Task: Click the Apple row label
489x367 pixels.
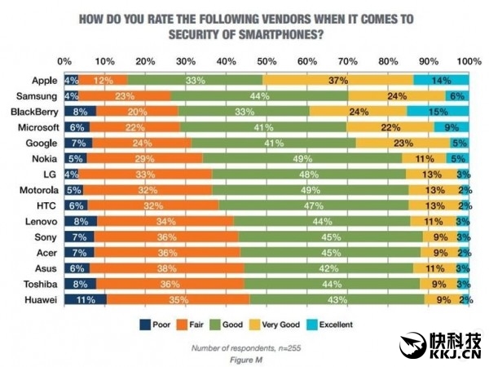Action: click(42, 80)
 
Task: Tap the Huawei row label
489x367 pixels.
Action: click(37, 299)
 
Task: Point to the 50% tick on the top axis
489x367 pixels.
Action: click(267, 62)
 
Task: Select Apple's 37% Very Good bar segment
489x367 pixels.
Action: click(338, 80)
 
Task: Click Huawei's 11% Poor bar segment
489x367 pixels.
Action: click(84, 299)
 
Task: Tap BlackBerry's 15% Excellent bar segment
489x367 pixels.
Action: click(438, 111)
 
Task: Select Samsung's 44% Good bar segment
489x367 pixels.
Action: click(260, 95)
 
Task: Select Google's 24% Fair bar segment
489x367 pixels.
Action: click(141, 142)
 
